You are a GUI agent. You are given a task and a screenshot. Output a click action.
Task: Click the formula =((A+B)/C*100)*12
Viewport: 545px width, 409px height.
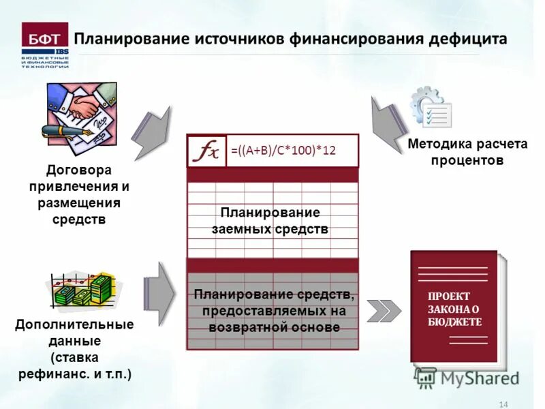[x=283, y=151]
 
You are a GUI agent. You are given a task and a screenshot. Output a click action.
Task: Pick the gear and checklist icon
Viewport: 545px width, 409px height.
[x=430, y=108]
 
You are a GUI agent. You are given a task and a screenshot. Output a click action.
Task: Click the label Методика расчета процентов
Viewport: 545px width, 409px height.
[x=457, y=153]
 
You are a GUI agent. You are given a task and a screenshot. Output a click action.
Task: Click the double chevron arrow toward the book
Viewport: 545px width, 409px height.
[x=384, y=310]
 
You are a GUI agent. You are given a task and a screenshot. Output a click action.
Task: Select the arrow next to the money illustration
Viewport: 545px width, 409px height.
[x=159, y=294]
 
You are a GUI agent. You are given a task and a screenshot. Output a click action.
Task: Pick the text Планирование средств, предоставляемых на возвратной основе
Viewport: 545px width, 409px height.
[x=273, y=311]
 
